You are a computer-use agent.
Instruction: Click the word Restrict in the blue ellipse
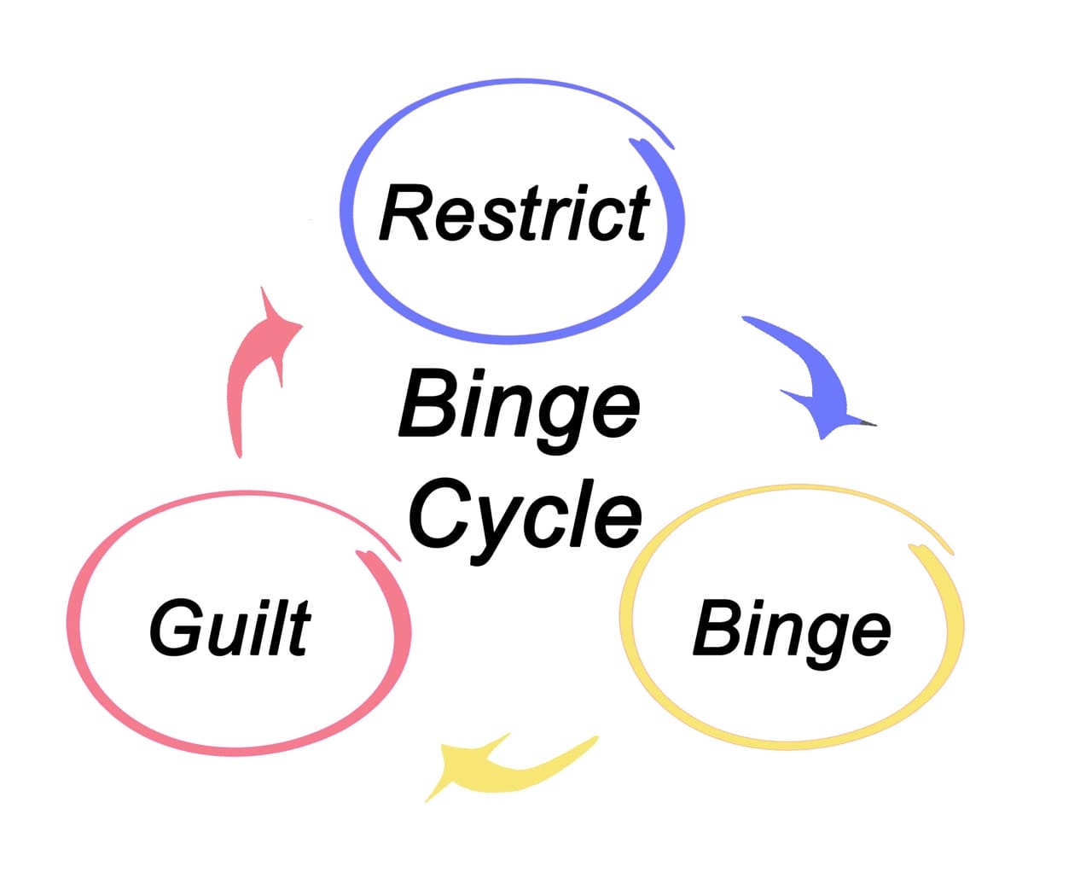(514, 213)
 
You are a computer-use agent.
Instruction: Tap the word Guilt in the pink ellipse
(229, 628)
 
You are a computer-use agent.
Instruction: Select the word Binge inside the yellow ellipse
(791, 630)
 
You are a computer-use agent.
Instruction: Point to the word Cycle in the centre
(524, 515)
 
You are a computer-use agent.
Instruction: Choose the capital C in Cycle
(440, 513)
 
